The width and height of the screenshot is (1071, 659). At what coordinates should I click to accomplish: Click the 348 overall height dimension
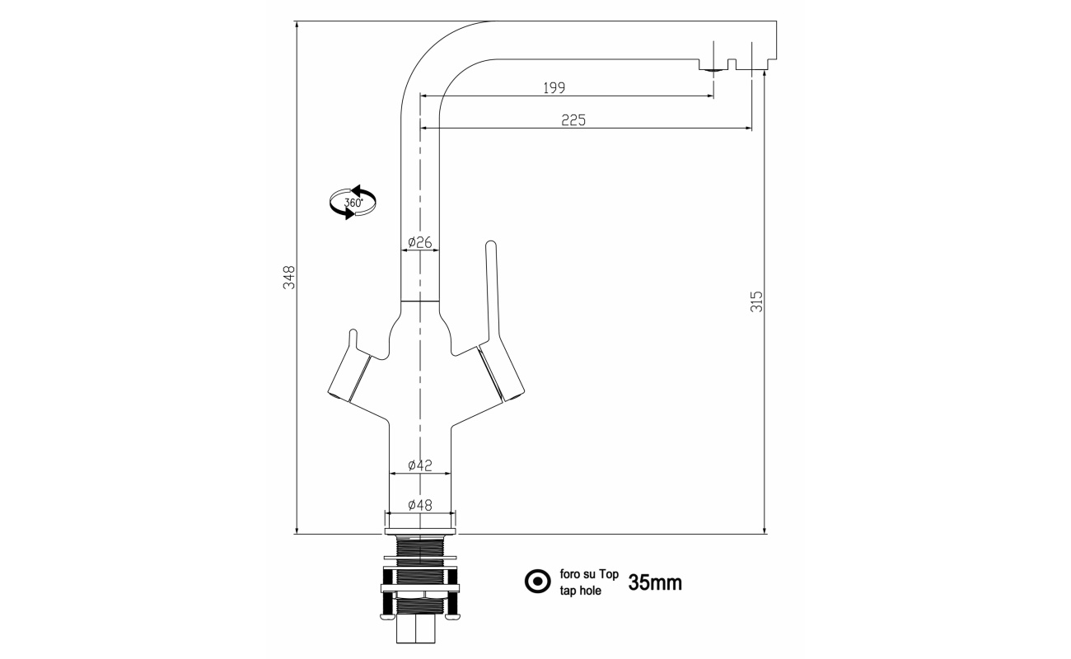click(x=290, y=278)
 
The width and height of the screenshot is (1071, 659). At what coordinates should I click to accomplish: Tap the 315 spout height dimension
click(x=756, y=301)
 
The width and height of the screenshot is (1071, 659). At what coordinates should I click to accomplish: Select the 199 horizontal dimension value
click(x=554, y=88)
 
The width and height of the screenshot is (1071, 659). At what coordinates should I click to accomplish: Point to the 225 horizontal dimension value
click(x=573, y=120)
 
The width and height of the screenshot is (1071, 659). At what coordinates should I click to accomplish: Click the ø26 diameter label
click(x=420, y=242)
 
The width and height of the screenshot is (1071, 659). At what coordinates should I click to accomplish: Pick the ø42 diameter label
click(x=420, y=465)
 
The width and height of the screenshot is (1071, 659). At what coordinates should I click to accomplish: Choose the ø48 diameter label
click(x=420, y=505)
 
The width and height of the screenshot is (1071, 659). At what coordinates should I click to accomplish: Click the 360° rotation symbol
click(x=353, y=203)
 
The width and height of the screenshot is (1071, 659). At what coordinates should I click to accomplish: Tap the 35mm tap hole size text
click(x=655, y=582)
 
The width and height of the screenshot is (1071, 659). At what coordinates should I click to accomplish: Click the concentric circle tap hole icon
click(x=538, y=582)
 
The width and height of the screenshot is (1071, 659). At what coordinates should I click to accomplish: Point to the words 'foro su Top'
click(x=589, y=574)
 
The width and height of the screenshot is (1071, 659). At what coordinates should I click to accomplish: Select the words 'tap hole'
click(x=581, y=591)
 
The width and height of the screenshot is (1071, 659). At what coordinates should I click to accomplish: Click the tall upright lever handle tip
click(x=491, y=245)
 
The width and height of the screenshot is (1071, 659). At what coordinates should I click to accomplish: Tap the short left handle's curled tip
click(x=353, y=333)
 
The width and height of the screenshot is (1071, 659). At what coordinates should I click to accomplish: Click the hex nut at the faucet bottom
click(x=416, y=629)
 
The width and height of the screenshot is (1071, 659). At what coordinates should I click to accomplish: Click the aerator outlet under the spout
click(x=713, y=70)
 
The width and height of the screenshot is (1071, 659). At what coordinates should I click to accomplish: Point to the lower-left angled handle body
click(x=349, y=374)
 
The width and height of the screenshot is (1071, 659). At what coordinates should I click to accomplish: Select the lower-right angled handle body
click(x=501, y=374)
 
